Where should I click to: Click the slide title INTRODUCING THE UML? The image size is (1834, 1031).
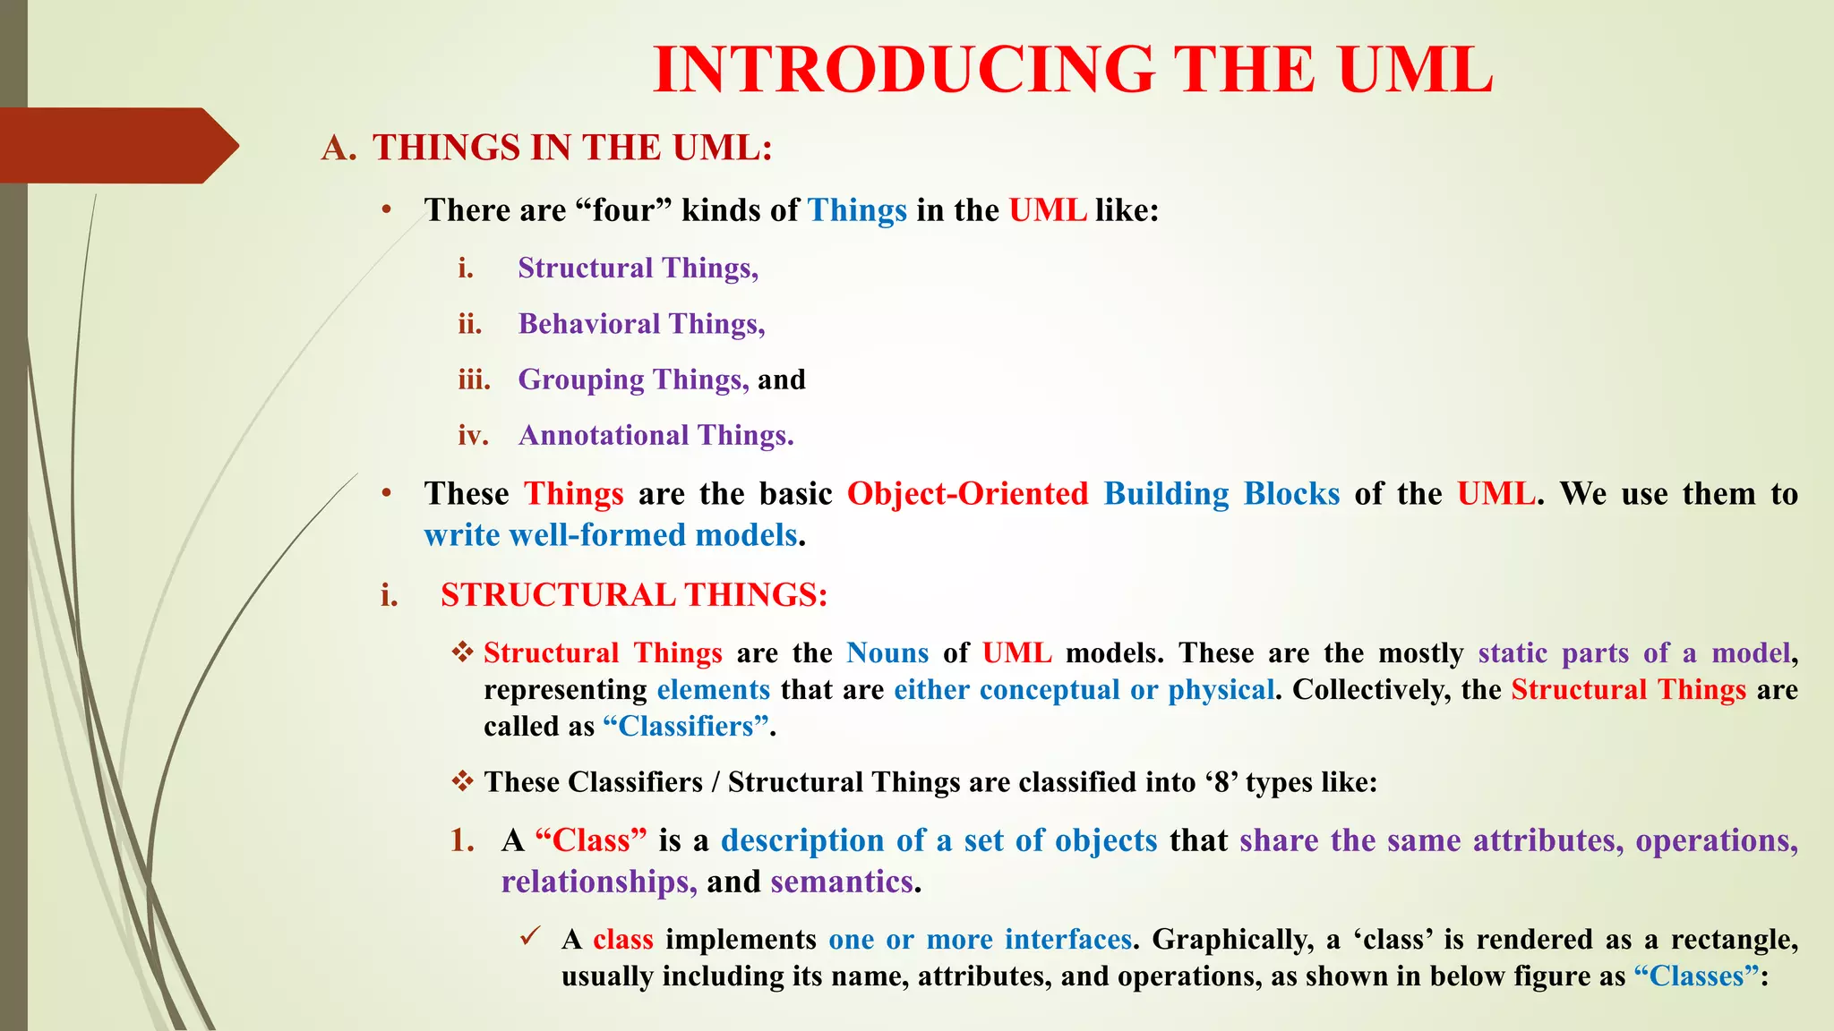click(1073, 70)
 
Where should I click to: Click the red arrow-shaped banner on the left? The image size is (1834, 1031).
click(116, 146)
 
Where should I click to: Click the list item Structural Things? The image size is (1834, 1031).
click(638, 268)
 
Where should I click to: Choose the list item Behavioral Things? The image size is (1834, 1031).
click(641, 324)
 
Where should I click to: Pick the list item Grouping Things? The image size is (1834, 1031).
click(633, 379)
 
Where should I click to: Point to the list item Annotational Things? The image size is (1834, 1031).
click(656, 435)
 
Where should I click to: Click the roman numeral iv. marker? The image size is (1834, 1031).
click(473, 435)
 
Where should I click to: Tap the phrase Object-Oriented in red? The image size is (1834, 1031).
click(967, 494)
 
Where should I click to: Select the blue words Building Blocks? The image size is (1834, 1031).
click(1221, 494)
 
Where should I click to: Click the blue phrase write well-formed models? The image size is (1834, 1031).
click(611, 535)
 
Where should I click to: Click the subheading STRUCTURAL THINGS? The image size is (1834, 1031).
click(634, 595)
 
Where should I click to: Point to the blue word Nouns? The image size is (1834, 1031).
click(887, 653)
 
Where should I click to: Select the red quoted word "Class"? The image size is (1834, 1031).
click(591, 840)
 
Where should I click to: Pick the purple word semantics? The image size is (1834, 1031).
click(842, 882)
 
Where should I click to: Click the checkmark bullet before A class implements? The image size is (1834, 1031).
click(530, 937)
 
